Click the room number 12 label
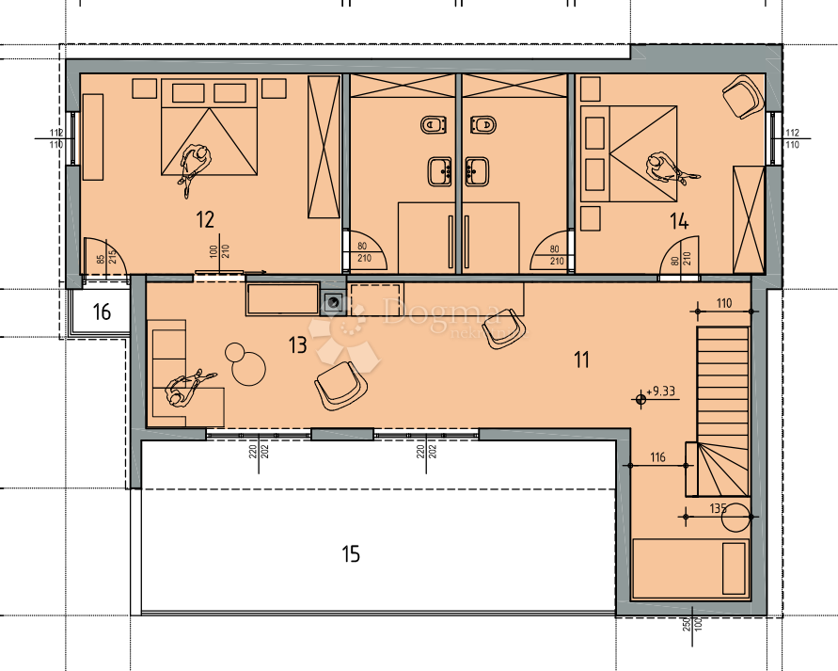pos(205,220)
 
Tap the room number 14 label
pos(679,222)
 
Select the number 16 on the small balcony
pos(103,312)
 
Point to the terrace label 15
pos(350,554)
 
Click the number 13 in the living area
pos(297,345)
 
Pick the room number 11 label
pos(581,359)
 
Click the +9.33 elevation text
pos(664,391)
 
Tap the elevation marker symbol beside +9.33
pos(641,399)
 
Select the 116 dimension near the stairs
pos(656,458)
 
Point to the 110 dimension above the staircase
pos(723,303)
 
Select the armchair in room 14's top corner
pos(742,95)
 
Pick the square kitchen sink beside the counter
pos(332,302)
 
